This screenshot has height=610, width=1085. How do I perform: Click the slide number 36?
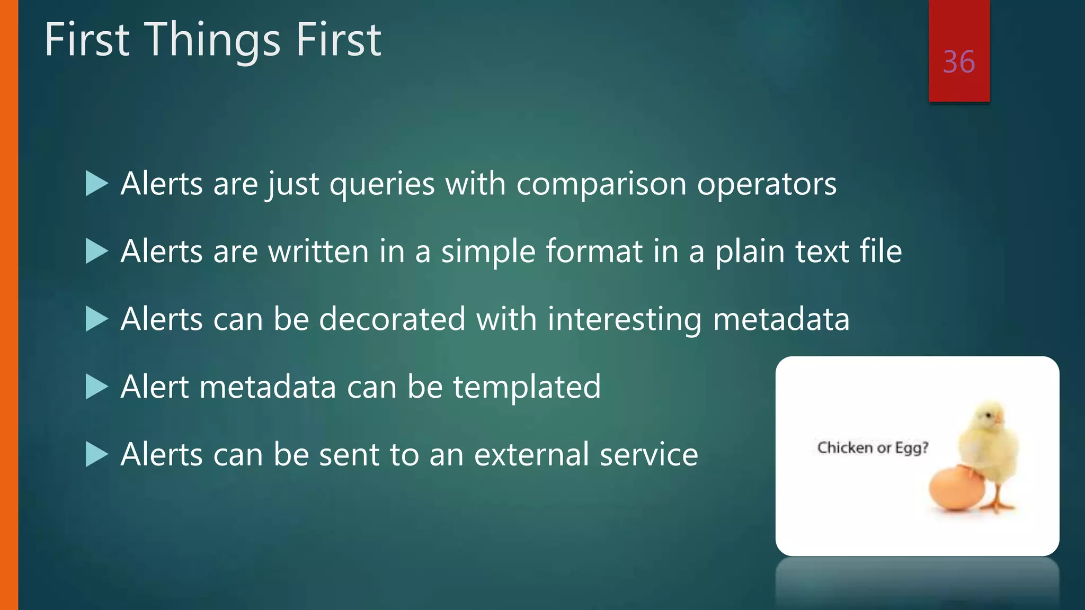click(x=958, y=62)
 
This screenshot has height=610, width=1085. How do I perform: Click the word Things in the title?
click(x=212, y=41)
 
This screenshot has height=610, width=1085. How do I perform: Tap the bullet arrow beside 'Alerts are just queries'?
click(x=96, y=184)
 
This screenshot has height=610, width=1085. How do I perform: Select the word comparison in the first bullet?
click(x=601, y=185)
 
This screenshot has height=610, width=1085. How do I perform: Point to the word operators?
click(x=766, y=185)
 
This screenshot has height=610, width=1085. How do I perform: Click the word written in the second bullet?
click(x=318, y=252)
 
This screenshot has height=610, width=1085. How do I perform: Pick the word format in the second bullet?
click(x=594, y=252)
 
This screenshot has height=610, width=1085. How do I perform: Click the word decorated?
click(x=392, y=319)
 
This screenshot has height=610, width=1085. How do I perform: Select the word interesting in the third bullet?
click(x=625, y=319)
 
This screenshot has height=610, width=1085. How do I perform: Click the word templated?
click(x=527, y=387)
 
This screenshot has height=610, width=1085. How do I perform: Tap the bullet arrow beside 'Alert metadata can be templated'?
click(x=96, y=387)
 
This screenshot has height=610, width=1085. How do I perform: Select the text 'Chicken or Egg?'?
click(x=873, y=448)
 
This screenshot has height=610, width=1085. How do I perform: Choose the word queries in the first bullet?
click(x=382, y=185)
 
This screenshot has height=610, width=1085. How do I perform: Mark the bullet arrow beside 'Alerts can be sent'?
click(x=96, y=454)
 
